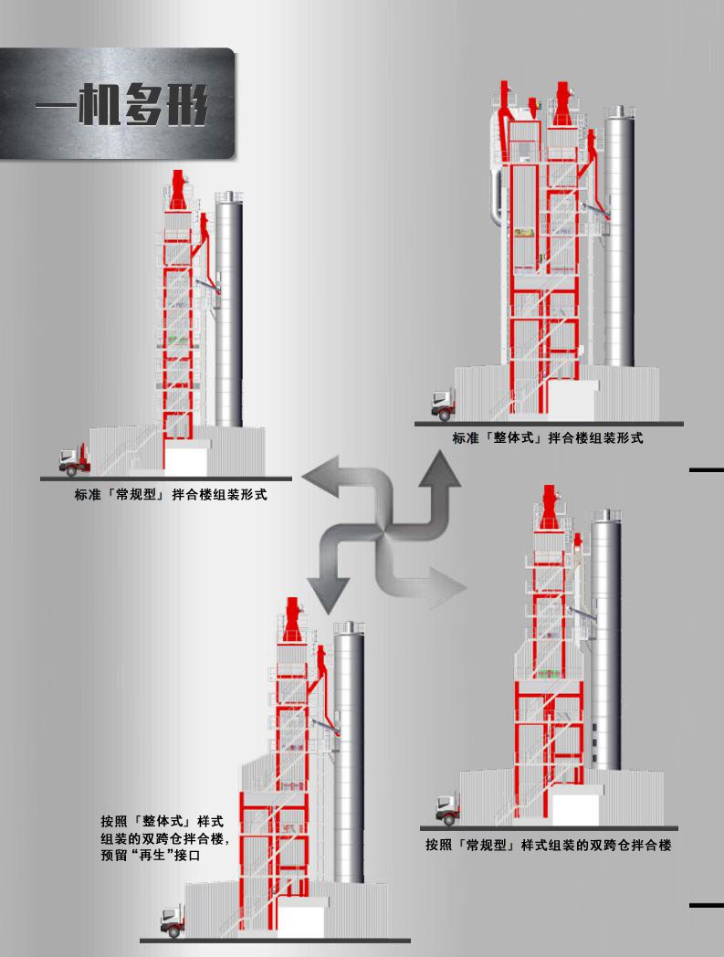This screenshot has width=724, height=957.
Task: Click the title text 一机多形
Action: coord(121,104)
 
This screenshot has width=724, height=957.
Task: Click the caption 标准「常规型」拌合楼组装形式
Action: coord(171,494)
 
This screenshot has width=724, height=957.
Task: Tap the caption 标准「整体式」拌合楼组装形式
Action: coord(548,437)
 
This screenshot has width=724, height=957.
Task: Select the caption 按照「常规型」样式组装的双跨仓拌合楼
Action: coord(548,846)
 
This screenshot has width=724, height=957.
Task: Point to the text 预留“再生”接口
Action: coord(150,855)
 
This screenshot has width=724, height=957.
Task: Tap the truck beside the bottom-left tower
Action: coord(173,920)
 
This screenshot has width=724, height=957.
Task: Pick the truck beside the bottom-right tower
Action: coord(448,809)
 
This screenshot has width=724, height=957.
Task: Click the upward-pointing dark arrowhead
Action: coord(439,468)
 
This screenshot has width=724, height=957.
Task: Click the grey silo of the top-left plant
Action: coord(229,310)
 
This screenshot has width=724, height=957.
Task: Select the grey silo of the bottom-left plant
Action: coord(349,752)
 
